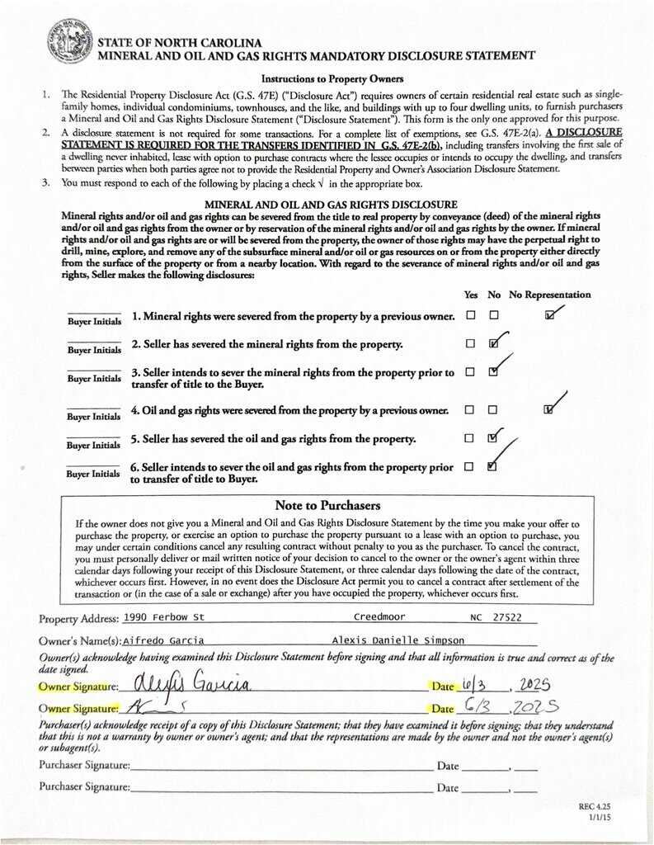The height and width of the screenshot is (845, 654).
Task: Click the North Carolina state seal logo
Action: point(69,41)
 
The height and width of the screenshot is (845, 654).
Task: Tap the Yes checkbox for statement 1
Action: point(470,315)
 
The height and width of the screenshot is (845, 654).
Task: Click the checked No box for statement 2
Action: point(493,343)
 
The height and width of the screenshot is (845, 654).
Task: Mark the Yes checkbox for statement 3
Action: point(470,372)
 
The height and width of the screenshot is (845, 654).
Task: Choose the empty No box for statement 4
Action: point(493,409)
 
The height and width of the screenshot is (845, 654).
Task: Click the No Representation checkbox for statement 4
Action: point(549,409)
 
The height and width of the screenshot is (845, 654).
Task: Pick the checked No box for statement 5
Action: point(493,438)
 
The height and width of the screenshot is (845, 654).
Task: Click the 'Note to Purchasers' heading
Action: point(327,505)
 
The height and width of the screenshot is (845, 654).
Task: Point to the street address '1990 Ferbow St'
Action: point(165,618)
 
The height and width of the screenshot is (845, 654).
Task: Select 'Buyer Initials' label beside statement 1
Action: point(94,320)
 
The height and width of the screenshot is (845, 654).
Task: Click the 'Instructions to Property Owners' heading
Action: point(327,79)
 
